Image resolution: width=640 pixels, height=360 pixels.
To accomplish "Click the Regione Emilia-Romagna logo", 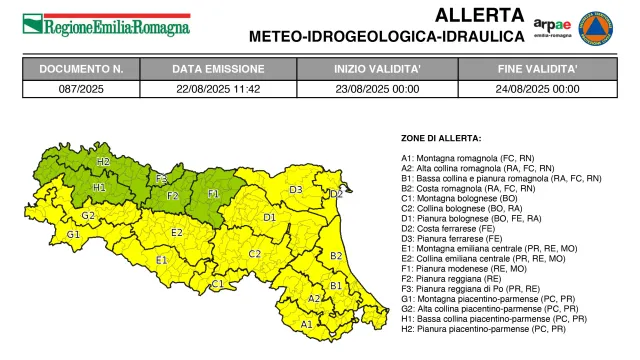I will [x=106, y=24].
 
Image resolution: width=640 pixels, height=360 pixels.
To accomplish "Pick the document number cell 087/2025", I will [x=81, y=88].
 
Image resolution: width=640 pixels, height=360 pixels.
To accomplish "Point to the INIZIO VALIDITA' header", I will [x=378, y=69].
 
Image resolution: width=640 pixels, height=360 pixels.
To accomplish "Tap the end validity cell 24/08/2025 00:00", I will [x=538, y=88].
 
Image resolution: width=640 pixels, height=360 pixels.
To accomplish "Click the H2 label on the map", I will [x=103, y=161].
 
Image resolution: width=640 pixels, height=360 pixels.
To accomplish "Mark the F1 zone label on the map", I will [x=213, y=192].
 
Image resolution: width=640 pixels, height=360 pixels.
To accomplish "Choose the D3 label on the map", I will [x=296, y=189].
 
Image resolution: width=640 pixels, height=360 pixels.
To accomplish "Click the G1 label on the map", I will [x=73, y=234].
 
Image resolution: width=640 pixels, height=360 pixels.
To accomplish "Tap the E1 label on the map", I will [x=161, y=260].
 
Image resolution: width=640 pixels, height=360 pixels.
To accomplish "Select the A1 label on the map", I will [x=307, y=324].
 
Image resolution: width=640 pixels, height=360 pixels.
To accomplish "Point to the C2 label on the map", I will [x=255, y=253].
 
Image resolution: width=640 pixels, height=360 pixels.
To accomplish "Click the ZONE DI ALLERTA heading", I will [x=441, y=137].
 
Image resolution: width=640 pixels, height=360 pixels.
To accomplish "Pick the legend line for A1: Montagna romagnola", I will [x=472, y=158].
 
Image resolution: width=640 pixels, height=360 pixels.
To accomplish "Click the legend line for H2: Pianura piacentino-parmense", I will [x=489, y=329].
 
